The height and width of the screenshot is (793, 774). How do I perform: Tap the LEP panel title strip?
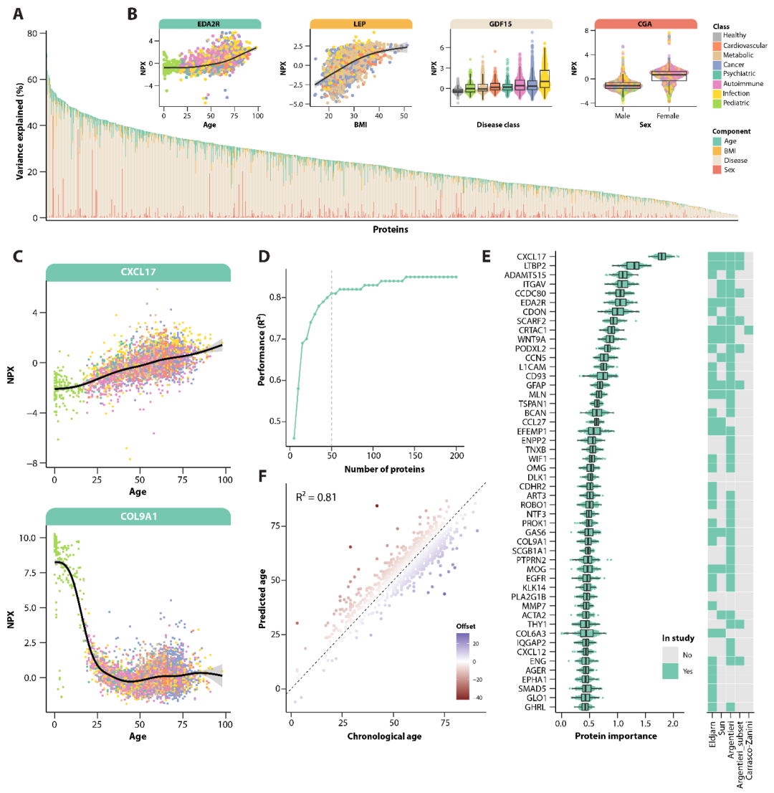(x=360, y=24)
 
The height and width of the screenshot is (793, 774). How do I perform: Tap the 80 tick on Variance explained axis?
(x=32, y=34)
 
